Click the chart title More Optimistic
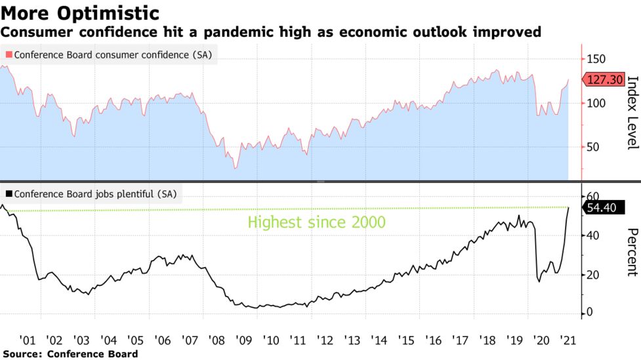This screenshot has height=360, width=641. pyautogui.click(x=80, y=12)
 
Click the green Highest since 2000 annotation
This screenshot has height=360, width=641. pyautogui.click(x=316, y=222)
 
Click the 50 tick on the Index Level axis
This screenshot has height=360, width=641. pyautogui.click(x=593, y=147)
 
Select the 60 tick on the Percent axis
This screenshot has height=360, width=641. pyautogui.click(x=593, y=197)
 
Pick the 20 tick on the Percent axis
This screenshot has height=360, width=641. pyautogui.click(x=593, y=274)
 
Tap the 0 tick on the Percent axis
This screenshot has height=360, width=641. pyautogui.click(x=590, y=312)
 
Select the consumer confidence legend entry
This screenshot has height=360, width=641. pyautogui.click(x=109, y=55)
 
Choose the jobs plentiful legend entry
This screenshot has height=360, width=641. pyautogui.click(x=94, y=193)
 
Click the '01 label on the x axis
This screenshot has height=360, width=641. pyautogui.click(x=28, y=340)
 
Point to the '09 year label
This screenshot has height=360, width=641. pyautogui.click(x=243, y=340)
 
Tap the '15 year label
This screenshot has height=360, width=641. pyautogui.click(x=406, y=340)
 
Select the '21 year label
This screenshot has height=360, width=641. pyautogui.click(x=568, y=340)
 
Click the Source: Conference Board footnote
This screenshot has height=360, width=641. pyautogui.click(x=70, y=353)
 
